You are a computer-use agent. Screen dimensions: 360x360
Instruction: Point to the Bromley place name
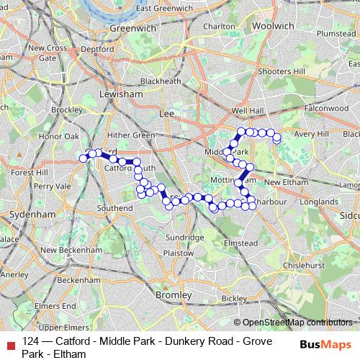[174, 295]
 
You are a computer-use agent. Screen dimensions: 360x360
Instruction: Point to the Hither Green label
[131, 135]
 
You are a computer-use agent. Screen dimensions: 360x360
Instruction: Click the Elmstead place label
[240, 243]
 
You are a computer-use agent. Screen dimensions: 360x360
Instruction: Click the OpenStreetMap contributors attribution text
[297, 323]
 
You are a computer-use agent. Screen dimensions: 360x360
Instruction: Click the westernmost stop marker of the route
[84, 157]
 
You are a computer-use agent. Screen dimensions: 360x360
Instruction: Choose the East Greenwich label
[164, 8]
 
